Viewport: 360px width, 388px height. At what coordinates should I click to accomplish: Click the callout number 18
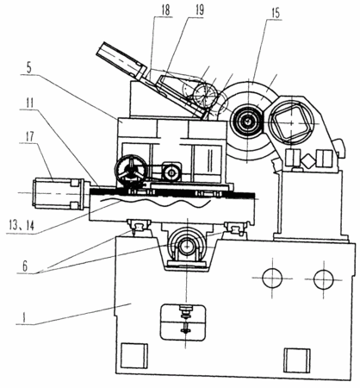165,10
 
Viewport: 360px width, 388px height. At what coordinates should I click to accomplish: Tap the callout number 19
199,10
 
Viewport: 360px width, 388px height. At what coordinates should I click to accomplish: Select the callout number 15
276,13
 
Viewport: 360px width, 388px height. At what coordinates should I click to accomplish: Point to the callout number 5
29,67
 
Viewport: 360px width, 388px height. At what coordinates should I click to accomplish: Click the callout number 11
28,103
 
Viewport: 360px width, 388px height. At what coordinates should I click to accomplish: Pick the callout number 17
29,137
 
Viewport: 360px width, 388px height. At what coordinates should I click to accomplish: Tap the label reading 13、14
22,226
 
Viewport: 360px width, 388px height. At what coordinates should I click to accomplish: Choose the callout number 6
25,266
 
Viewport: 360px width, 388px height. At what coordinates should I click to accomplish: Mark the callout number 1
25,317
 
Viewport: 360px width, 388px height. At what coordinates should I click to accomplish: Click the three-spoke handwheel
131,170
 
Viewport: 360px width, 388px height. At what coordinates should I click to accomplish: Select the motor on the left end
59,193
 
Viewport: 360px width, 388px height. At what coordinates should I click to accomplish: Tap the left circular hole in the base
272,278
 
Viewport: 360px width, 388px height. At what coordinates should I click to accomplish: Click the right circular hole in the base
324,279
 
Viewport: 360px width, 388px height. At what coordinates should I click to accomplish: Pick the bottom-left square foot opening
133,355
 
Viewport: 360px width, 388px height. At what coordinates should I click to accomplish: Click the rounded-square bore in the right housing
291,122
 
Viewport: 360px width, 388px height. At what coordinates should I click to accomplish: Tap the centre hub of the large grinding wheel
246,122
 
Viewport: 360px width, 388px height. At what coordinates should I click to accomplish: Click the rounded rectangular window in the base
183,322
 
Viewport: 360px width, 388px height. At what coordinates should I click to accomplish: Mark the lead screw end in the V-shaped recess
187,247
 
